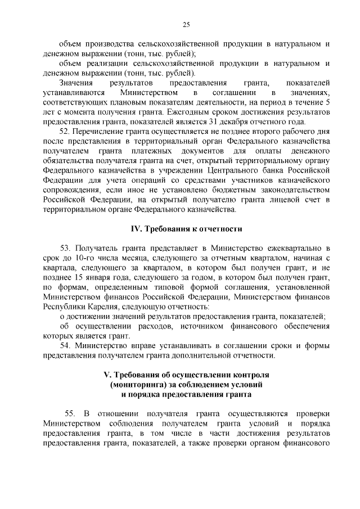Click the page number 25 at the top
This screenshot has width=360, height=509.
pos(186,24)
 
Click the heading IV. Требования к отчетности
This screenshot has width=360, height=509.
pos(186,229)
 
